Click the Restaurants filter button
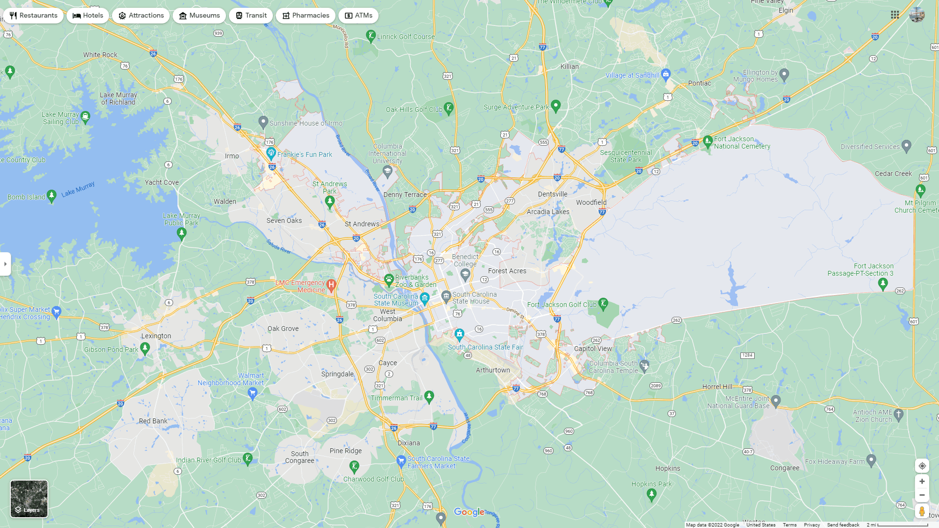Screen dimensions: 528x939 (33, 16)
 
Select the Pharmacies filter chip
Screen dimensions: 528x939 (305, 16)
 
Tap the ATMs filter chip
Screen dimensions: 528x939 (358, 16)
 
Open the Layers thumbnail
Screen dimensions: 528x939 (29, 499)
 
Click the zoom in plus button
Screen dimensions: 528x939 (922, 482)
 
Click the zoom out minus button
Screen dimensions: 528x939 (922, 495)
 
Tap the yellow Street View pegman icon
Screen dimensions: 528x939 (922, 511)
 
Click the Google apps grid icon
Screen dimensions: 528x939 (895, 15)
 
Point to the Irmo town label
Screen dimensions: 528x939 (232, 156)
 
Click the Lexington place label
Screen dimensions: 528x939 (156, 336)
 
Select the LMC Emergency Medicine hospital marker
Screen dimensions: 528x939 (331, 285)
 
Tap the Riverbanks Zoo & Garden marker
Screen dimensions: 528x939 (389, 280)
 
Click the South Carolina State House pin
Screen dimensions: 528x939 (446, 296)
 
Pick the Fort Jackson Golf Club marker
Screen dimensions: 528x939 (603, 304)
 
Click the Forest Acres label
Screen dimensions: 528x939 (507, 271)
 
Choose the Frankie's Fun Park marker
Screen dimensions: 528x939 (271, 153)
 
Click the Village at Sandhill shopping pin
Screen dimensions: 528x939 (665, 74)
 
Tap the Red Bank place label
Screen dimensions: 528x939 (153, 421)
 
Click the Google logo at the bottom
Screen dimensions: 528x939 (469, 512)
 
